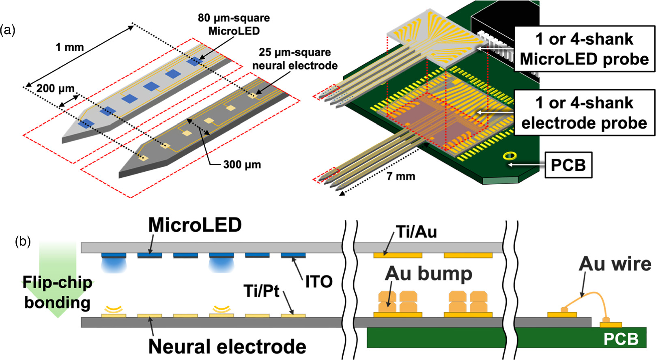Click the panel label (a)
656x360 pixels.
point(8,30)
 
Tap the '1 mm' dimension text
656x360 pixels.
point(69,47)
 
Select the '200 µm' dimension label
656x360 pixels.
point(56,88)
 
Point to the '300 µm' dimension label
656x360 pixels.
point(242,164)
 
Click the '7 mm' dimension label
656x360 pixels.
point(401,176)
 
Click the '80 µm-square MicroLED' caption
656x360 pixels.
point(234,24)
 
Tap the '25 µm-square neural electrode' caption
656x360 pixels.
point(295,59)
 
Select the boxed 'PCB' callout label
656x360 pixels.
point(568,165)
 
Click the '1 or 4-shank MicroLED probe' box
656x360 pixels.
point(584,49)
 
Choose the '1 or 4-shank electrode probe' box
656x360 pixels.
point(584,113)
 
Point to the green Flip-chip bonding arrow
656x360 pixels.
point(57,280)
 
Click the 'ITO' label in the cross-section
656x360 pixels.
point(319,281)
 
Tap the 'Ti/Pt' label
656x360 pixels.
point(262,291)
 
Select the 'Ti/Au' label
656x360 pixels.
point(416,232)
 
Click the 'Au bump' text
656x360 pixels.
point(428,274)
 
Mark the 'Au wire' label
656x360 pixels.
point(615,264)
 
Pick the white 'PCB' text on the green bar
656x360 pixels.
point(621,338)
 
